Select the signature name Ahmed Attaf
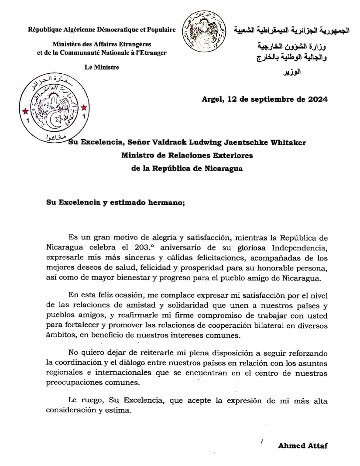point(303,445)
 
